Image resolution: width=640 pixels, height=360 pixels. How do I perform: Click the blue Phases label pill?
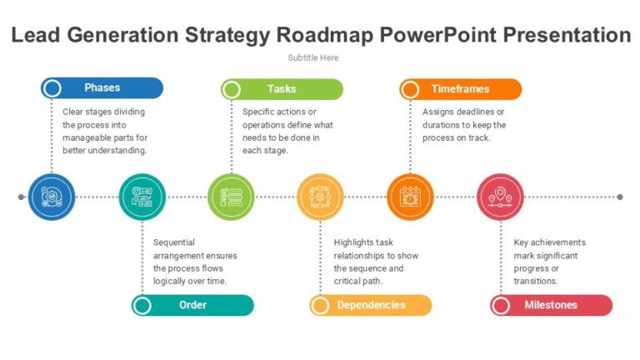pyautogui.click(x=102, y=87)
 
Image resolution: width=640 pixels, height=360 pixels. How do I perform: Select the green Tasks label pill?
pyautogui.click(x=282, y=89)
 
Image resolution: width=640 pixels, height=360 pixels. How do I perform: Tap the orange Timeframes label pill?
pyautogui.click(x=460, y=89)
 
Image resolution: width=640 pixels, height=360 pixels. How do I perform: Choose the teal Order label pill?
pyautogui.click(x=192, y=305)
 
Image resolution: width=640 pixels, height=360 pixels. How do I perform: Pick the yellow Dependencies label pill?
pyautogui.click(x=371, y=305)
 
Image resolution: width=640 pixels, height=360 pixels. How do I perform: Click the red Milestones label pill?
pyautogui.click(x=551, y=305)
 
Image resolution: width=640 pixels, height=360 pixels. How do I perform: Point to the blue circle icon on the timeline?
pyautogui.click(x=52, y=197)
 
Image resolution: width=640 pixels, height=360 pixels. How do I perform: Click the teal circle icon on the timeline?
pyautogui.click(x=142, y=197)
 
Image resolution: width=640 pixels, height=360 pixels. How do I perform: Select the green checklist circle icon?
pyautogui.click(x=231, y=197)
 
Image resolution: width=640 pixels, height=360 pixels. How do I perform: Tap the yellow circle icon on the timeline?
pyautogui.click(x=321, y=197)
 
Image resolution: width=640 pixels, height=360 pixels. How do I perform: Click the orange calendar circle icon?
pyautogui.click(x=410, y=197)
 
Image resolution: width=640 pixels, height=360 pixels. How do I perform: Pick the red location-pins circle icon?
pyautogui.click(x=500, y=197)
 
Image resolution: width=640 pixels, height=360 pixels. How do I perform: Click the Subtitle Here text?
pyautogui.click(x=313, y=57)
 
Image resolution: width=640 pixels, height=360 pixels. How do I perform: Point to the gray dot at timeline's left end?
pyautogui.click(x=21, y=197)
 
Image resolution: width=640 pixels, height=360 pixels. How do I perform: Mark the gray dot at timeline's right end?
pyautogui.click(x=619, y=197)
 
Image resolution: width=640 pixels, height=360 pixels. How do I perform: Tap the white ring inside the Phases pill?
pyautogui.click(x=52, y=87)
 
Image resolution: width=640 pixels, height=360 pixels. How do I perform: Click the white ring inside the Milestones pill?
pyautogui.click(x=501, y=305)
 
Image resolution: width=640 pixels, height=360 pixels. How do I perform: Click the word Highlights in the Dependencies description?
pyautogui.click(x=354, y=242)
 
